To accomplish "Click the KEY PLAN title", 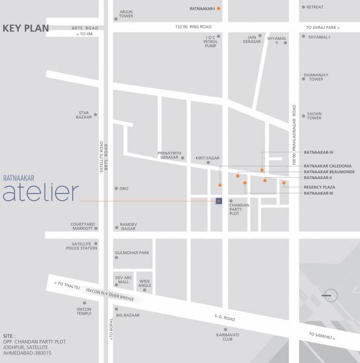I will [x=25, y=28].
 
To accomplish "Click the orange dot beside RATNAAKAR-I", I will [x=219, y=8].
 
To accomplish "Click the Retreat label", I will [x=315, y=7].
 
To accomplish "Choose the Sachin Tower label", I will [x=314, y=116].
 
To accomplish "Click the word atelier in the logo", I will [x=41, y=192].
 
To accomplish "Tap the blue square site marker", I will [x=219, y=200].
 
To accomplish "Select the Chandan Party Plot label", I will [x=239, y=209].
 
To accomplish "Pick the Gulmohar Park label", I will [x=131, y=253].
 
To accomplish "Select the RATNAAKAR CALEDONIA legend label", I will [x=329, y=166].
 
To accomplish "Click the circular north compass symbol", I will [x=330, y=295].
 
